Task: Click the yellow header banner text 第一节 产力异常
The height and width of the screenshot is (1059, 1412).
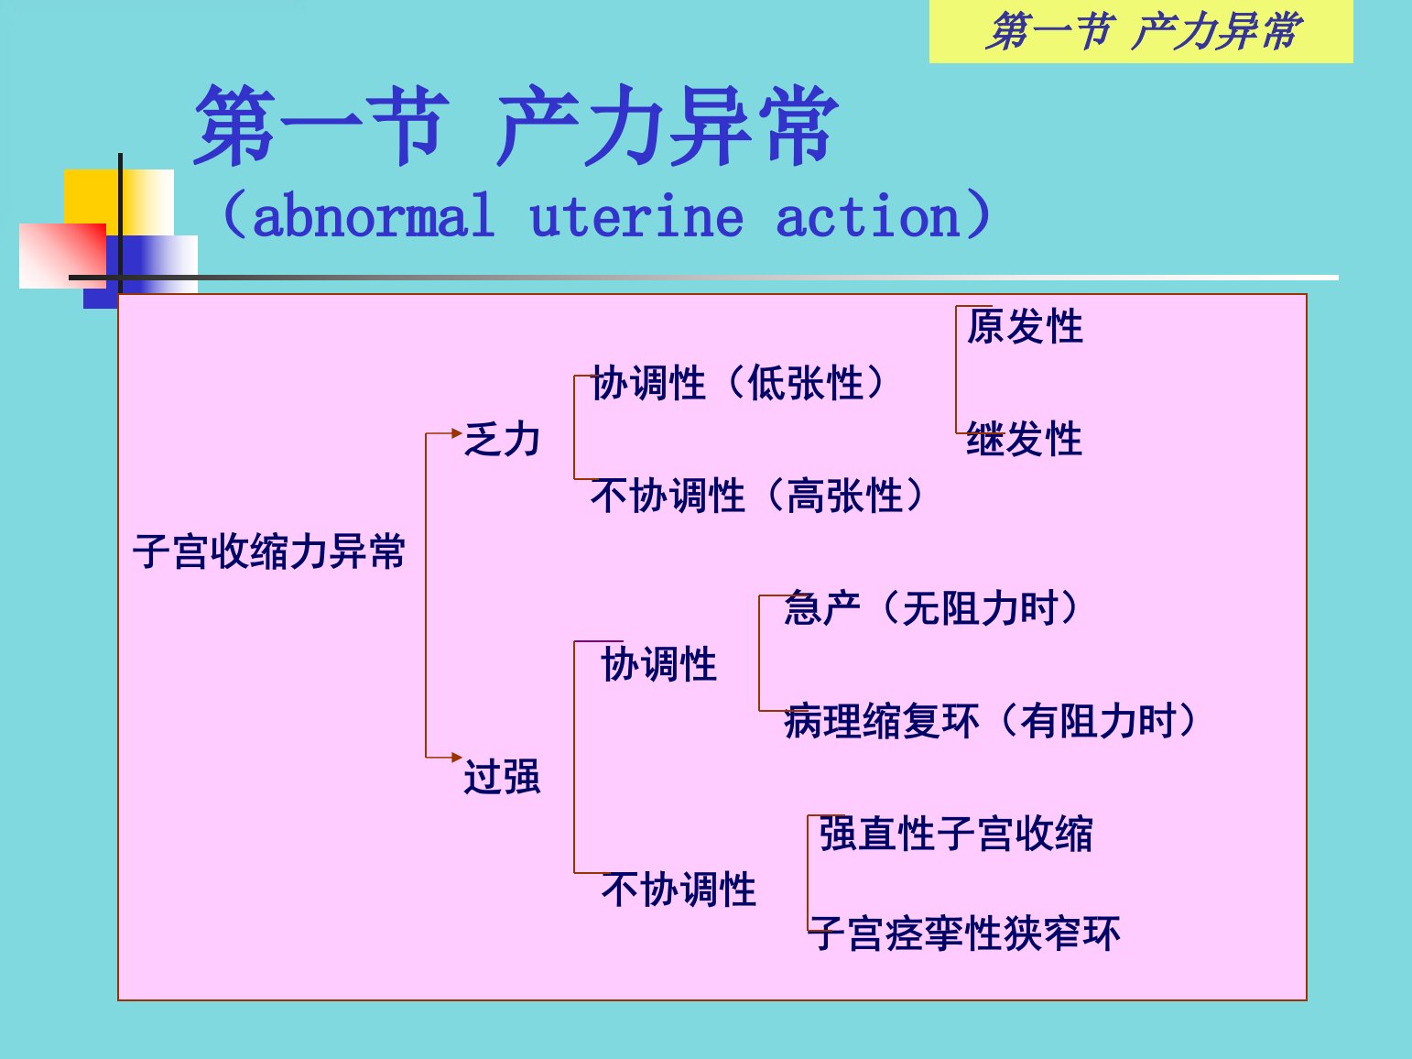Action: tap(1144, 30)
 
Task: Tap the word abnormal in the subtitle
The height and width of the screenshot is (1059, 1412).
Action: tap(374, 215)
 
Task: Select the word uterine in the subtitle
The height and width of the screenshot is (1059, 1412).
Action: tap(636, 215)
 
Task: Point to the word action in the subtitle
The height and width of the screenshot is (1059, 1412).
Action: tap(868, 215)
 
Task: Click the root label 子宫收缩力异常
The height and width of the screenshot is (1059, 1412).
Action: tap(269, 551)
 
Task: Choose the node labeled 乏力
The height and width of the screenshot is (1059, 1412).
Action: tap(503, 439)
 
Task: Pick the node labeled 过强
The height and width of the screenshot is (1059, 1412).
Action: tap(503, 777)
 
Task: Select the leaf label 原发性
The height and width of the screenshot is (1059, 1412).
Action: tap(1025, 326)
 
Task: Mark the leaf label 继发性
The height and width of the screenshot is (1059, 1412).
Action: tap(1025, 439)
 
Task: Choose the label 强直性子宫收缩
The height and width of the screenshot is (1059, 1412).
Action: tap(956, 834)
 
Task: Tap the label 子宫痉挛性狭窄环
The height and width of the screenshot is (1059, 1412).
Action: tap(964, 933)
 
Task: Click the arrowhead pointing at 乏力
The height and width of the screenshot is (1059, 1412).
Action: tap(457, 433)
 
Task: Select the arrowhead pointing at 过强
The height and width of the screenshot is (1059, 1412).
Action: tap(457, 758)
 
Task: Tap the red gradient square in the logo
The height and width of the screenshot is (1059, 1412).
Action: tap(62, 256)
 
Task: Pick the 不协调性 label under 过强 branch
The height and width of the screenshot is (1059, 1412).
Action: tap(679, 890)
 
